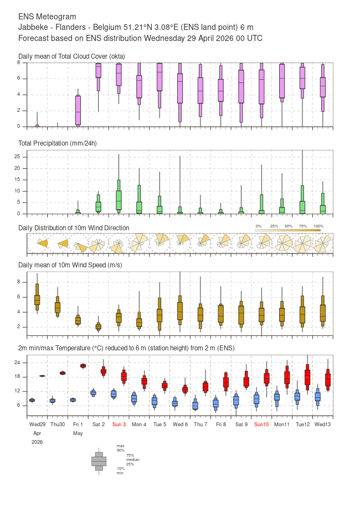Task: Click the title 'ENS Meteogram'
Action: [47, 17]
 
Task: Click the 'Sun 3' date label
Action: [119, 424]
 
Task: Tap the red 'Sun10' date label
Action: [261, 424]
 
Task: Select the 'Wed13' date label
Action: [322, 424]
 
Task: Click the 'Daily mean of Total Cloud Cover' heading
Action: [71, 56]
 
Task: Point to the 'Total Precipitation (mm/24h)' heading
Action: [58, 143]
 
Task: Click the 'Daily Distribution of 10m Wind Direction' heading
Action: [74, 227]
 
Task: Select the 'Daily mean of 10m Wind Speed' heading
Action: [70, 265]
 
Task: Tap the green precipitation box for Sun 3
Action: [119, 200]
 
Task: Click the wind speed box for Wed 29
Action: [37, 299]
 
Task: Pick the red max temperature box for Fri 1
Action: [83, 366]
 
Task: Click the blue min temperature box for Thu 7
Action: [195, 406]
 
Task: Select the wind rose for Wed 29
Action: [42, 243]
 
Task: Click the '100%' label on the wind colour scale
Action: [318, 226]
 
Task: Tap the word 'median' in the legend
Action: [132, 459]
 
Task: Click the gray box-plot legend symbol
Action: [99, 461]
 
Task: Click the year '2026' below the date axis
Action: [37, 442]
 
